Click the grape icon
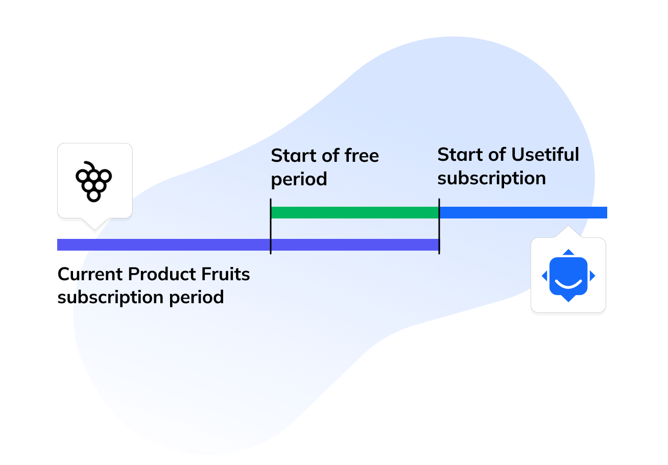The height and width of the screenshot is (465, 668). pyautogui.click(x=93, y=181)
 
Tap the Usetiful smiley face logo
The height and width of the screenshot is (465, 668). pyautogui.click(x=568, y=276)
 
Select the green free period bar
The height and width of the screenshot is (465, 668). pyautogui.click(x=354, y=212)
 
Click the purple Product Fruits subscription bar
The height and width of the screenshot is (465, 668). pyautogui.click(x=163, y=245)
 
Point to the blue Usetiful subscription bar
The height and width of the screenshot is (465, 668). pyautogui.click(x=523, y=212)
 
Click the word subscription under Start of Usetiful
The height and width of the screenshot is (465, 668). pyautogui.click(x=492, y=179)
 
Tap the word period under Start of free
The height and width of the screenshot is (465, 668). pyautogui.click(x=299, y=180)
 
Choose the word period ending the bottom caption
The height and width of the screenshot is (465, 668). pyautogui.click(x=200, y=298)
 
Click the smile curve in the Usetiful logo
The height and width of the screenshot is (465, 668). pyautogui.click(x=568, y=282)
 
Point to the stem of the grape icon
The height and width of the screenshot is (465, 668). pyautogui.click(x=89, y=165)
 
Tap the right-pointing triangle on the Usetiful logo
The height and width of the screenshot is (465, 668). pyautogui.click(x=592, y=276)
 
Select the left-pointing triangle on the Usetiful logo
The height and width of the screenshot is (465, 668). pyautogui.click(x=544, y=276)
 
